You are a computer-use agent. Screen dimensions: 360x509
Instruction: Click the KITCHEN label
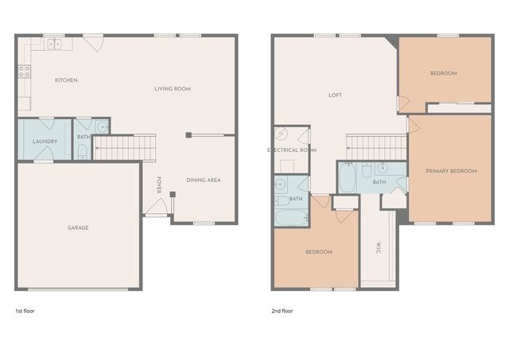tap(66, 80)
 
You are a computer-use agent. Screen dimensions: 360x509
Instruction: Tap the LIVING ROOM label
tap(173, 88)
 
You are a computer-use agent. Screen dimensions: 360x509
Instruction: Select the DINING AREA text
tap(204, 180)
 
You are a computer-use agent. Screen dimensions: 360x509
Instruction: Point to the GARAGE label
tap(78, 228)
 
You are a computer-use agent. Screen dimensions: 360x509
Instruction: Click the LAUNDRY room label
tap(45, 141)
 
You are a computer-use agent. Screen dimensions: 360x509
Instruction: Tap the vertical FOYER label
tap(159, 185)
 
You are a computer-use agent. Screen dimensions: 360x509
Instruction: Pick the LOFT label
tap(336, 95)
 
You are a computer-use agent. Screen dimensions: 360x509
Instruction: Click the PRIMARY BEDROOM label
tap(451, 171)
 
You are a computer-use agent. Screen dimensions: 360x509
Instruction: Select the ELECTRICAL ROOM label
tap(292, 150)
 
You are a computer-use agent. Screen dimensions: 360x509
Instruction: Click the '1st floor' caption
tap(25, 311)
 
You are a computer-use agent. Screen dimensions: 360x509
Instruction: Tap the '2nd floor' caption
tap(282, 311)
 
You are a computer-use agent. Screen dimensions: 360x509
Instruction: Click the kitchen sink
tap(55, 45)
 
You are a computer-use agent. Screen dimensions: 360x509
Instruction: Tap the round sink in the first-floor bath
tap(102, 127)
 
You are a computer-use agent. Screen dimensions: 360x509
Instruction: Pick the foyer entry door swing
tap(157, 207)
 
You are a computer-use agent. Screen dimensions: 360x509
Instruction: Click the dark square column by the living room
tap(188, 135)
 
